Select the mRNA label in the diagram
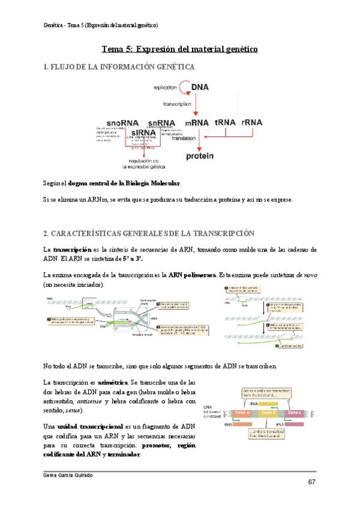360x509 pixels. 197,122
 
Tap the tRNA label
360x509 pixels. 225,122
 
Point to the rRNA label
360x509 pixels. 252,122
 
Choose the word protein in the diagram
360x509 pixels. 199,157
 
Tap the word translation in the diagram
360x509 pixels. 184,138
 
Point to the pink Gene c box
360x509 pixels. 294,414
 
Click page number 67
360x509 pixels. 312,483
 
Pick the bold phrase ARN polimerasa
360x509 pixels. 192,274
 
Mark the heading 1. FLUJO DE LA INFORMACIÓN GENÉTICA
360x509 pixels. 119,67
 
